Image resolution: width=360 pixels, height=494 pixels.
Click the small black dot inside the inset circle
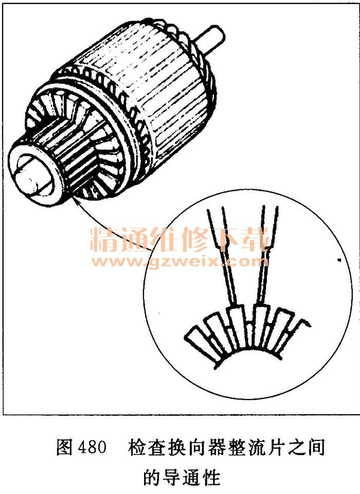339,260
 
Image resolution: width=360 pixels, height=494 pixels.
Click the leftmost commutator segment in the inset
199,342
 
